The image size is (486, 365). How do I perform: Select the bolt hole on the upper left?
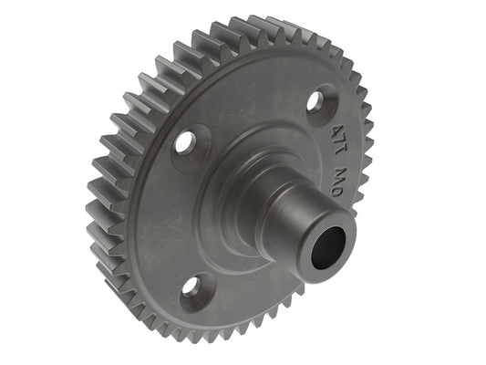(x=185, y=141)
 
